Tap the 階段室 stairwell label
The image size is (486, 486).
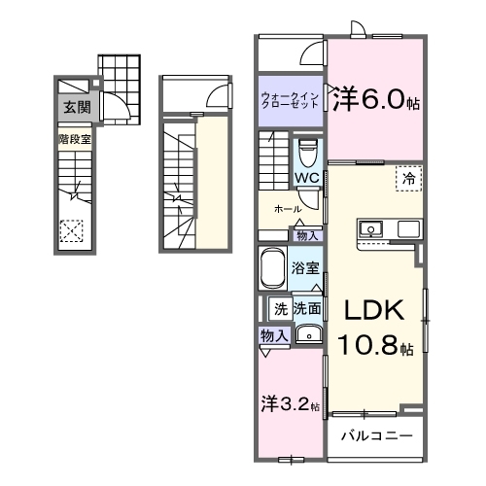coord(74,138)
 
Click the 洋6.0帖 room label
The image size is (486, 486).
coord(376,99)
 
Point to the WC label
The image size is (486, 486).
coord(306,178)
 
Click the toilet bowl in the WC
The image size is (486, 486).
coord(308,153)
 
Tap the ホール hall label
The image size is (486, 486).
coord(286,209)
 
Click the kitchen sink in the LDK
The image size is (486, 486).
coord(370,230)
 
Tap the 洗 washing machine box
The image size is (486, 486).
coord(280,309)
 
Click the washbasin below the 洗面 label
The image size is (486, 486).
coord(308,335)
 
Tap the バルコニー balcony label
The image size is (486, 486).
coord(376,436)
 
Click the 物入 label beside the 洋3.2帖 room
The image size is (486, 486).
coord(274,335)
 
